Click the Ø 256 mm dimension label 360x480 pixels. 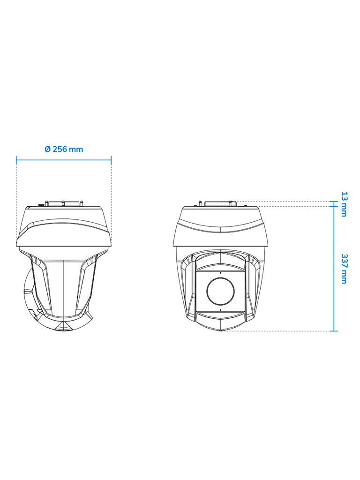pos(64,149)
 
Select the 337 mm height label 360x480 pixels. pos(344,269)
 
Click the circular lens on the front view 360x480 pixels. pos(220,291)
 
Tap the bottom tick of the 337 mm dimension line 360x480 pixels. pos(333,331)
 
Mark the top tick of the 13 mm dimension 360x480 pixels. pos(333,202)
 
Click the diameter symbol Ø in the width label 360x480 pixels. pos(47,149)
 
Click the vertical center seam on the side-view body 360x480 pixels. pos(63,286)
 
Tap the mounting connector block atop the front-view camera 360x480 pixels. pos(218,203)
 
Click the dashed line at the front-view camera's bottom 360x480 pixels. pos(277,331)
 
